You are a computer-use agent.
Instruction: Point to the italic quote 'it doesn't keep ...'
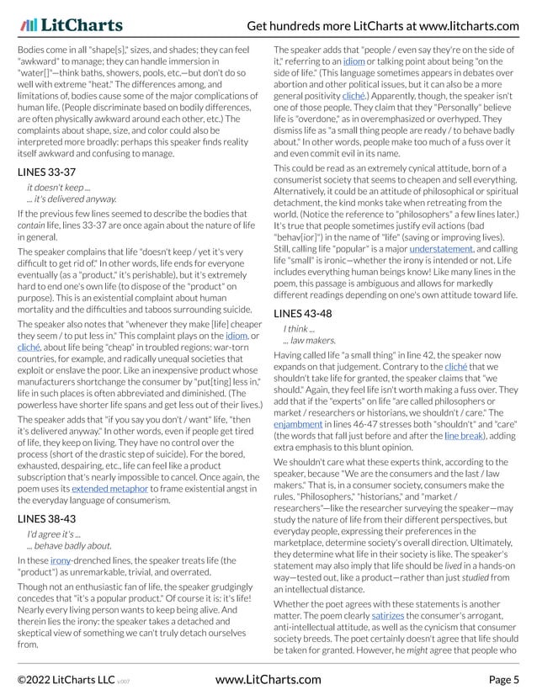[x=60, y=188]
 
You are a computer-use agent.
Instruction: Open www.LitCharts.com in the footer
[x=268, y=679]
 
